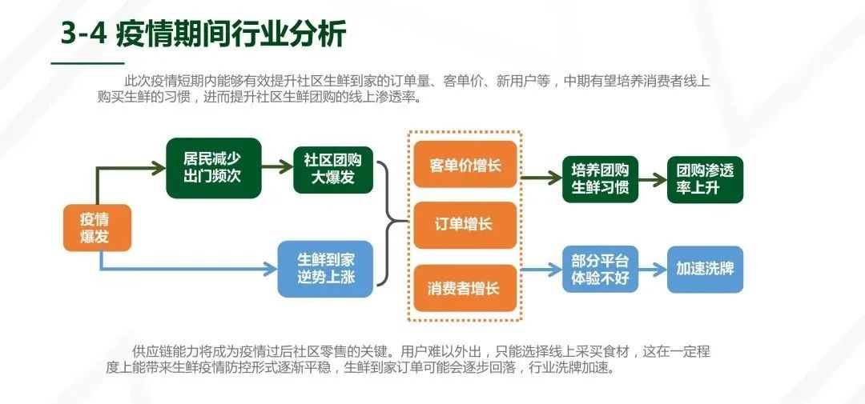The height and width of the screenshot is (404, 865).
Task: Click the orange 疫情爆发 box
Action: (97, 228)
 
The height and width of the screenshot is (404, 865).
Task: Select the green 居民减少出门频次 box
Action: (213, 167)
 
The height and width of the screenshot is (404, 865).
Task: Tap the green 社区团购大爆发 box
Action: (333, 169)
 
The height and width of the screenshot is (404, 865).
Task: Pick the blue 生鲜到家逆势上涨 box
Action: (325, 269)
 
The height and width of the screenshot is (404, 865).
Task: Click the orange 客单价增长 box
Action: (465, 165)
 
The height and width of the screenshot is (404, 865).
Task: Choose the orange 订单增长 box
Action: (465, 224)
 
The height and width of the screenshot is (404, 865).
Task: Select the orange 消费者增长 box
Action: (465, 287)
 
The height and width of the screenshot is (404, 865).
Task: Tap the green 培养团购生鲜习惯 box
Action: (600, 179)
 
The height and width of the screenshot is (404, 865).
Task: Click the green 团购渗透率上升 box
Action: (705, 179)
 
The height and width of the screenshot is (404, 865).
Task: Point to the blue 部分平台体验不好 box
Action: (600, 269)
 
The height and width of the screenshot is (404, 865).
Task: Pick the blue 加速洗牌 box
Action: (705, 269)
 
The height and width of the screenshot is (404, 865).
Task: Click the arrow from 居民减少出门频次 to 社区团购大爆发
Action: (277, 167)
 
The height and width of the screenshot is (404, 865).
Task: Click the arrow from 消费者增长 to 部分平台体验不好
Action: (541, 270)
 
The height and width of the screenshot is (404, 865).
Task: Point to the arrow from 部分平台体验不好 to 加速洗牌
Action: (653, 270)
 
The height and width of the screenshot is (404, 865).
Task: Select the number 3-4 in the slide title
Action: (83, 34)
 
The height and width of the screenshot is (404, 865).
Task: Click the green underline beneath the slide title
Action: (87, 62)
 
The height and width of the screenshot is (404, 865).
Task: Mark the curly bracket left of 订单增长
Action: (391, 223)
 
